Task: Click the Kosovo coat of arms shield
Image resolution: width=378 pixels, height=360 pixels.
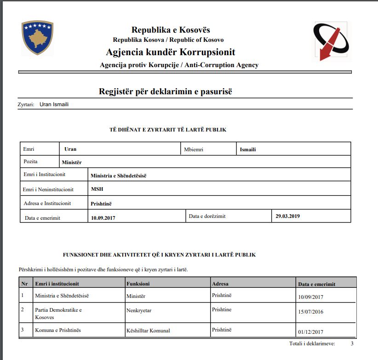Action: (38, 38)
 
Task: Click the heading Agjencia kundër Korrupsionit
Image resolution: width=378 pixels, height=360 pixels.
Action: (170, 52)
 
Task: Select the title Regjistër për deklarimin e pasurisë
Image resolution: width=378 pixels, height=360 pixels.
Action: (166, 91)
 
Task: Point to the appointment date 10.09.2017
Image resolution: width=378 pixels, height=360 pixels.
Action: (103, 217)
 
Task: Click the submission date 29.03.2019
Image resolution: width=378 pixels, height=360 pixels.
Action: (287, 216)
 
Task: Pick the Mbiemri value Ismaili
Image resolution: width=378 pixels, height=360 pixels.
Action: (248, 149)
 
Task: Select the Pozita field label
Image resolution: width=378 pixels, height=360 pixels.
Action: (30, 161)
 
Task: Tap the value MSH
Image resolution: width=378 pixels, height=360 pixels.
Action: (97, 189)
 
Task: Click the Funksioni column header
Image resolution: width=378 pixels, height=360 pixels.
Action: (138, 284)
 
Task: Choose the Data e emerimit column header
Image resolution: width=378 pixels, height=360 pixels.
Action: (317, 284)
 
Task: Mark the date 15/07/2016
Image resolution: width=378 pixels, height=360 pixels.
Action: (311, 312)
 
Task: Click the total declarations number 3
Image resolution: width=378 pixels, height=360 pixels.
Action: (352, 343)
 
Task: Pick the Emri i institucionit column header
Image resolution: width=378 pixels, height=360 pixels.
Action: (57, 284)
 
